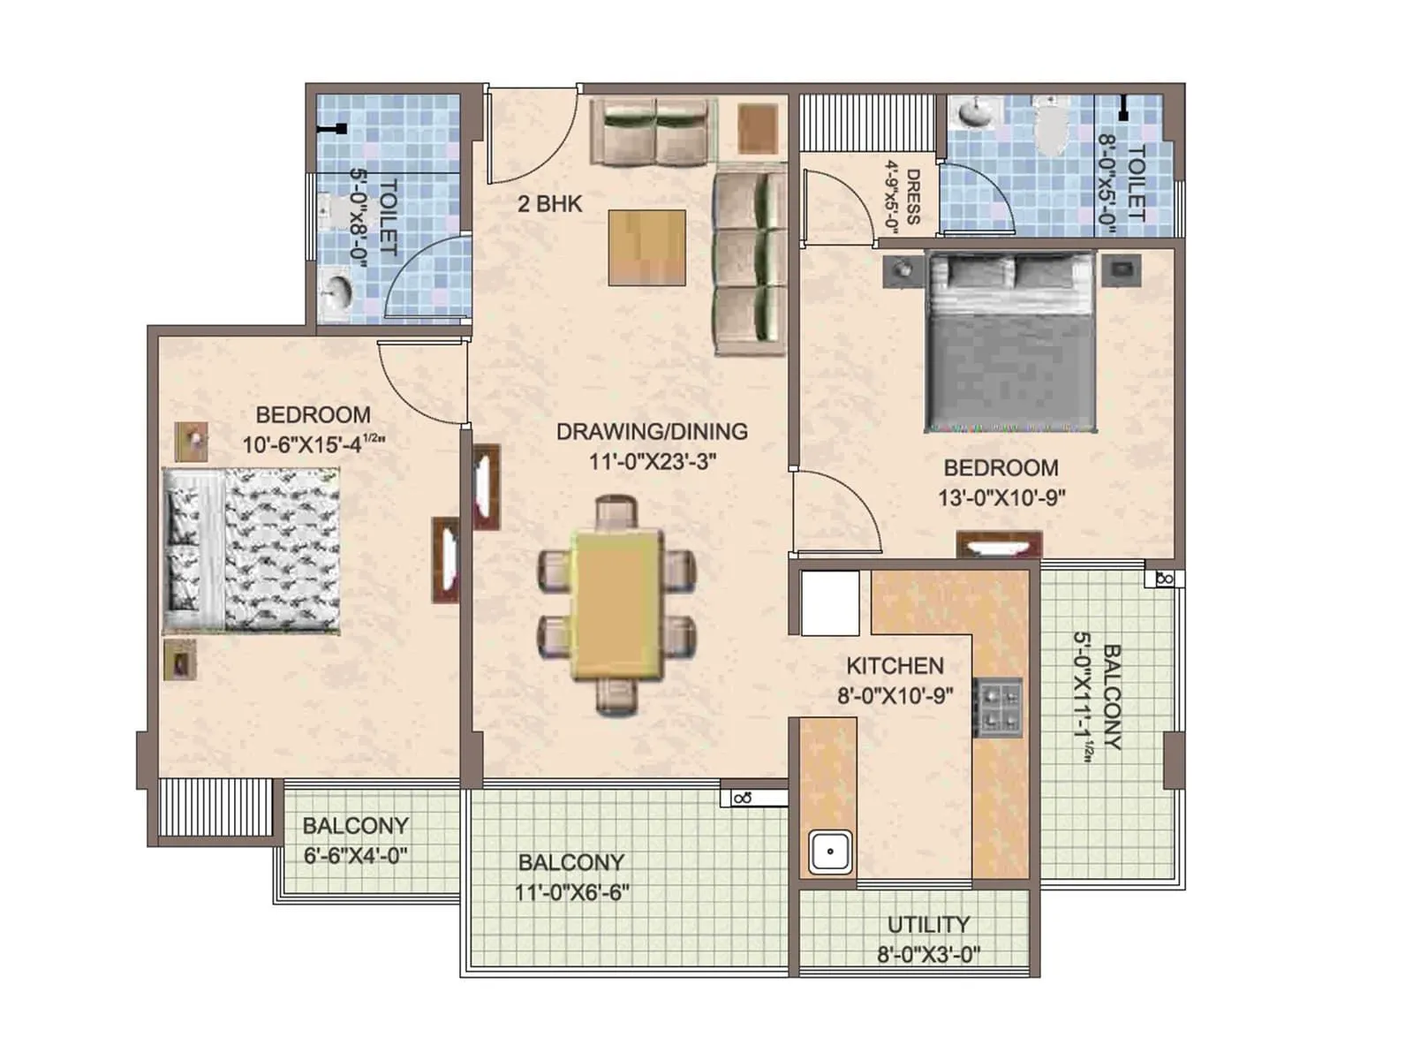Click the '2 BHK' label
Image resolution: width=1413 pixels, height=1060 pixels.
[x=549, y=204]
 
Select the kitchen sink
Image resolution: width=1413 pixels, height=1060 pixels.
[x=830, y=852]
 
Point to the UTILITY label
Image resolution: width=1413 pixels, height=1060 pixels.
[x=928, y=924]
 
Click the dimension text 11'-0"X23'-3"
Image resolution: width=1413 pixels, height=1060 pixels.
[x=652, y=461]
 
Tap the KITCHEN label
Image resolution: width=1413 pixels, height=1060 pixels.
[x=895, y=666]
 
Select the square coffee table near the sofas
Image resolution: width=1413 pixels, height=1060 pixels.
[x=646, y=247]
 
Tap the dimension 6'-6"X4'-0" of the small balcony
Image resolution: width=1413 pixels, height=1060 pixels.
[x=355, y=855]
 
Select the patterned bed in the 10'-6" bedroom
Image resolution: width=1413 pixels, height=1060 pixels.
[x=252, y=551]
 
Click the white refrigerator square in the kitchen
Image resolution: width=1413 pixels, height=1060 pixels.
[x=829, y=602]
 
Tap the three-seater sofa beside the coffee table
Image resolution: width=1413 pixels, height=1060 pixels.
[x=749, y=259]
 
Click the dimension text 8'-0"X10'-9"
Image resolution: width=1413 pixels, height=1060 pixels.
[x=895, y=696]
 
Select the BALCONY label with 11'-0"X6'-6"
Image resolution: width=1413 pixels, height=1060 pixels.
[x=570, y=862]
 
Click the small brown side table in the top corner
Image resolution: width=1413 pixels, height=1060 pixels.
[x=758, y=129]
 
